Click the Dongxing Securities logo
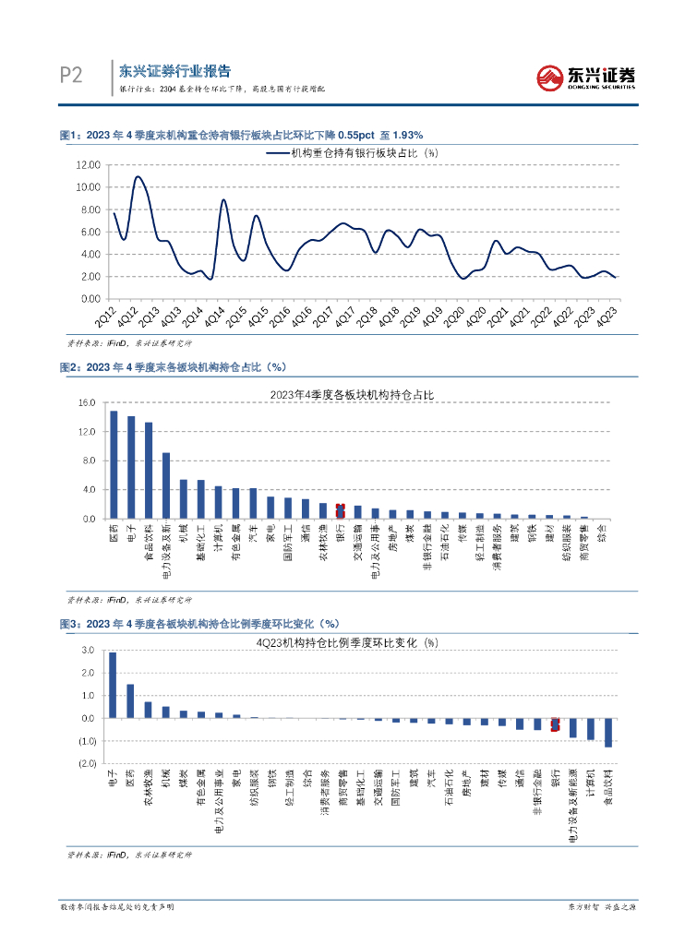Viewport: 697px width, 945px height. pos(586,78)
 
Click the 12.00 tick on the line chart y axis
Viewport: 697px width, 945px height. pos(89,164)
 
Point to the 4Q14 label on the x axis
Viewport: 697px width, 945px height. pos(213,315)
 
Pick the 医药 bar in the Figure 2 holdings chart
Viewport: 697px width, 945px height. pos(114,464)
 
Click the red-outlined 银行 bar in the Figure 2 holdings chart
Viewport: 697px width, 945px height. pos(340,511)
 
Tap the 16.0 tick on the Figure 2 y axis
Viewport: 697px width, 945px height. pos(87,403)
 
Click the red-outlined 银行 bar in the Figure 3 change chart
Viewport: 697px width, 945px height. pos(555,724)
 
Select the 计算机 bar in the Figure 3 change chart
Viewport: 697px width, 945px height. pos(591,729)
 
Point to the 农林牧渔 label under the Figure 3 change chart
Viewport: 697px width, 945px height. pos(148,787)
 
